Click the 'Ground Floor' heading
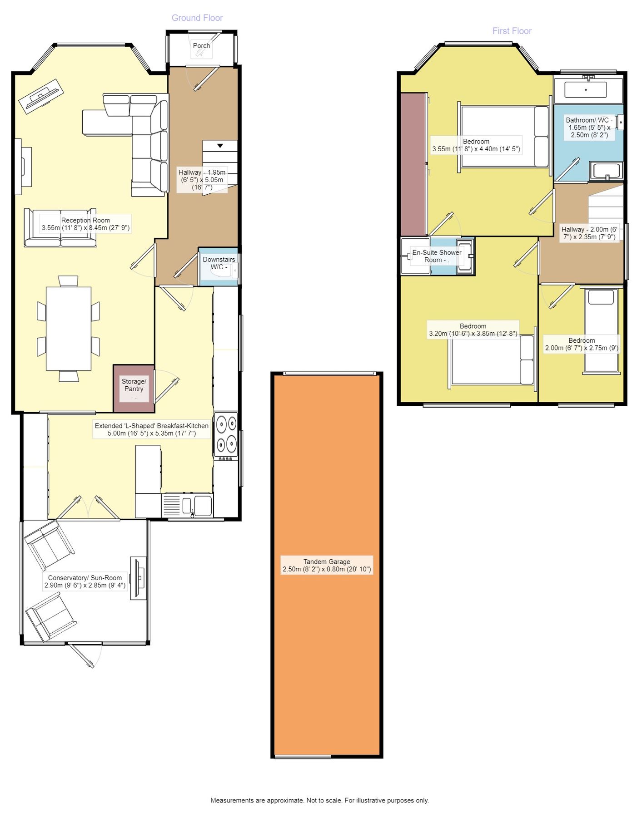(197, 18)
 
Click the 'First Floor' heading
(512, 31)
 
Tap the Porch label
(201, 45)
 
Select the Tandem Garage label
(327, 565)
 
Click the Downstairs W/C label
(219, 263)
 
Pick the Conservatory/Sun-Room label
(85, 581)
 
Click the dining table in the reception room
(69, 329)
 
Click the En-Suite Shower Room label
(437, 256)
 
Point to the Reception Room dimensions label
(85, 224)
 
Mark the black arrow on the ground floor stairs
(220, 146)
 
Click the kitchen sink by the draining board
(203, 505)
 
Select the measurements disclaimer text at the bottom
(319, 800)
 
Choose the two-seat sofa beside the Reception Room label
(60, 228)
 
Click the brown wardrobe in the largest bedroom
(413, 164)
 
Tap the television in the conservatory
(138, 578)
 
